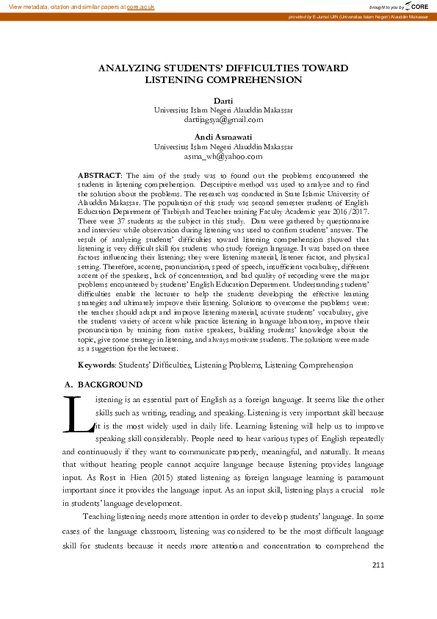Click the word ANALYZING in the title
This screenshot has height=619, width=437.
point(134,68)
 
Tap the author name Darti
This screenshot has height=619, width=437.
point(223,100)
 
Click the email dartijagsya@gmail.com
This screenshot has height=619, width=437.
point(223,118)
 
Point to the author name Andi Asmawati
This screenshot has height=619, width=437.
point(223,137)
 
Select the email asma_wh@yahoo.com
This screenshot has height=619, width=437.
point(223,156)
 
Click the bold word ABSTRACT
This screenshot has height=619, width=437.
point(99,175)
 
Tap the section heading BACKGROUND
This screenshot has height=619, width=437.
point(110,384)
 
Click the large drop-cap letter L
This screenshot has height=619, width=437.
point(78,415)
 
